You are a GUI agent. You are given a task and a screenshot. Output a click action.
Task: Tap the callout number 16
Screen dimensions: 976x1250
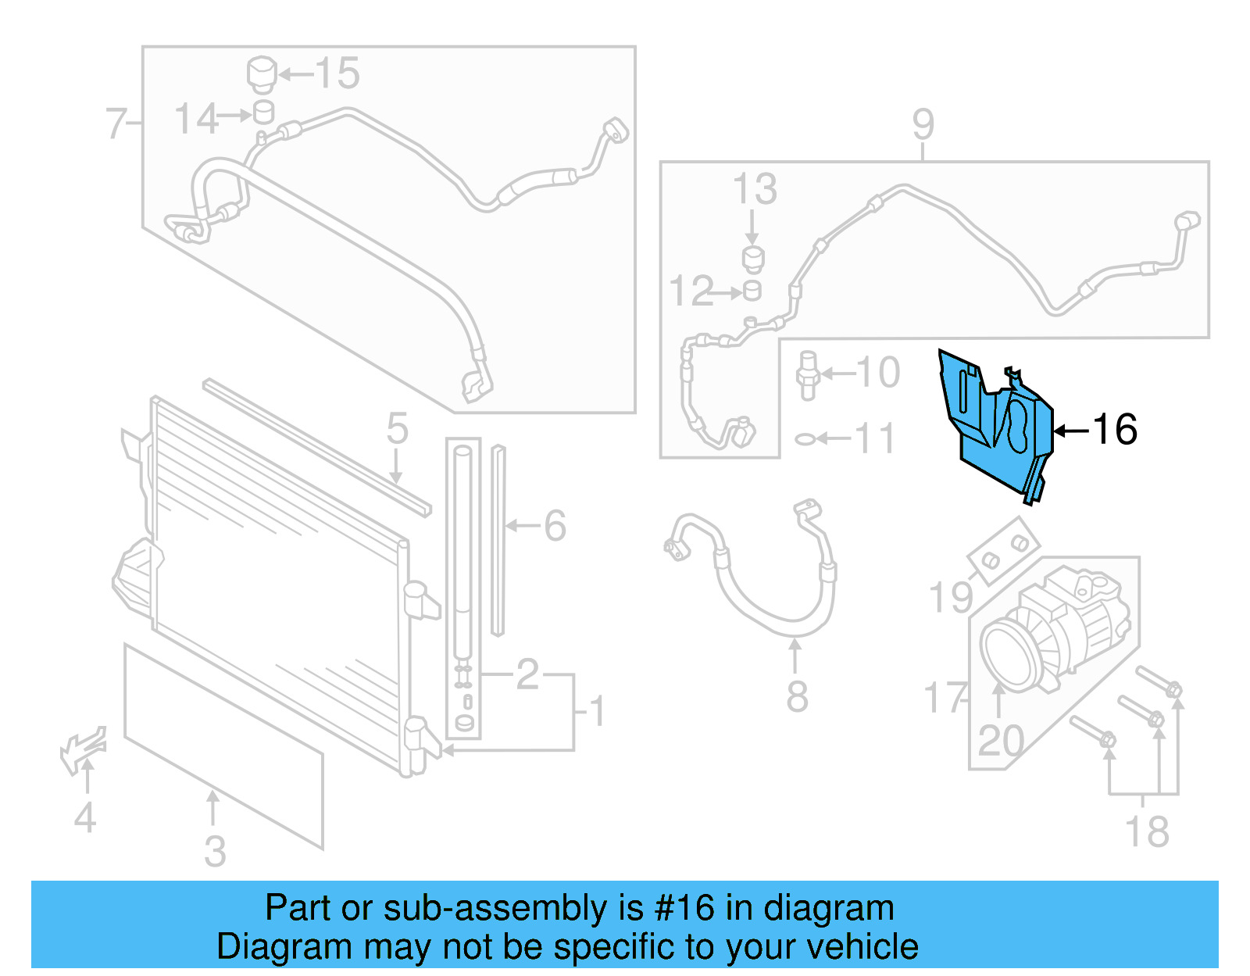(x=1115, y=429)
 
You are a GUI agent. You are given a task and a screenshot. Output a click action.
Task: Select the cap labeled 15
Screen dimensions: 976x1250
(x=262, y=74)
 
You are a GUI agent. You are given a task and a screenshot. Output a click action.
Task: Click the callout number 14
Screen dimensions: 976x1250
(x=195, y=119)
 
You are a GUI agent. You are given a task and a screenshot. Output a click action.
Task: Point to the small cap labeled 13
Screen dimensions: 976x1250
(x=752, y=259)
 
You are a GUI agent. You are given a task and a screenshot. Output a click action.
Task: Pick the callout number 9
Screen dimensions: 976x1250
(x=923, y=124)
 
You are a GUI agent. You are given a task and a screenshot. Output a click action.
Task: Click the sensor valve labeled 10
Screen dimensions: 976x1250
(x=808, y=375)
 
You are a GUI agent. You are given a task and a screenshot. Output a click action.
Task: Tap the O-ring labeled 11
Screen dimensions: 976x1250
(x=805, y=439)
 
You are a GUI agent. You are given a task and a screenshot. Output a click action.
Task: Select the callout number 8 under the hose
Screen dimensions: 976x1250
(x=796, y=695)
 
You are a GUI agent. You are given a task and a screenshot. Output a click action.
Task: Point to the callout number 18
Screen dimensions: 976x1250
(x=1147, y=831)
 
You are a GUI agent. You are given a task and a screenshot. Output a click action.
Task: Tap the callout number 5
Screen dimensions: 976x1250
(x=397, y=429)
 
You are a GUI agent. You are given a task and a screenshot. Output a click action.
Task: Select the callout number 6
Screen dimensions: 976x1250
(x=555, y=525)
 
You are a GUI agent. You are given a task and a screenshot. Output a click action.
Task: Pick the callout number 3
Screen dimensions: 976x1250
(x=215, y=851)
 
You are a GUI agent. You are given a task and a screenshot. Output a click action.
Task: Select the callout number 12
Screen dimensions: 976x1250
(x=691, y=291)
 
